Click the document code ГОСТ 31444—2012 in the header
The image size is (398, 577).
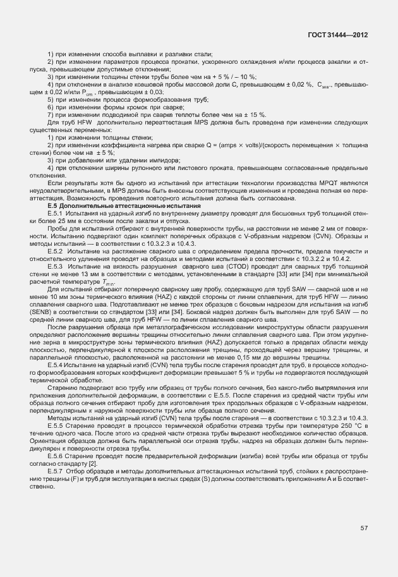pyautogui.click(x=339, y=36)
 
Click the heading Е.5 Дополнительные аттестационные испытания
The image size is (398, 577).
pyautogui.click(x=124, y=207)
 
